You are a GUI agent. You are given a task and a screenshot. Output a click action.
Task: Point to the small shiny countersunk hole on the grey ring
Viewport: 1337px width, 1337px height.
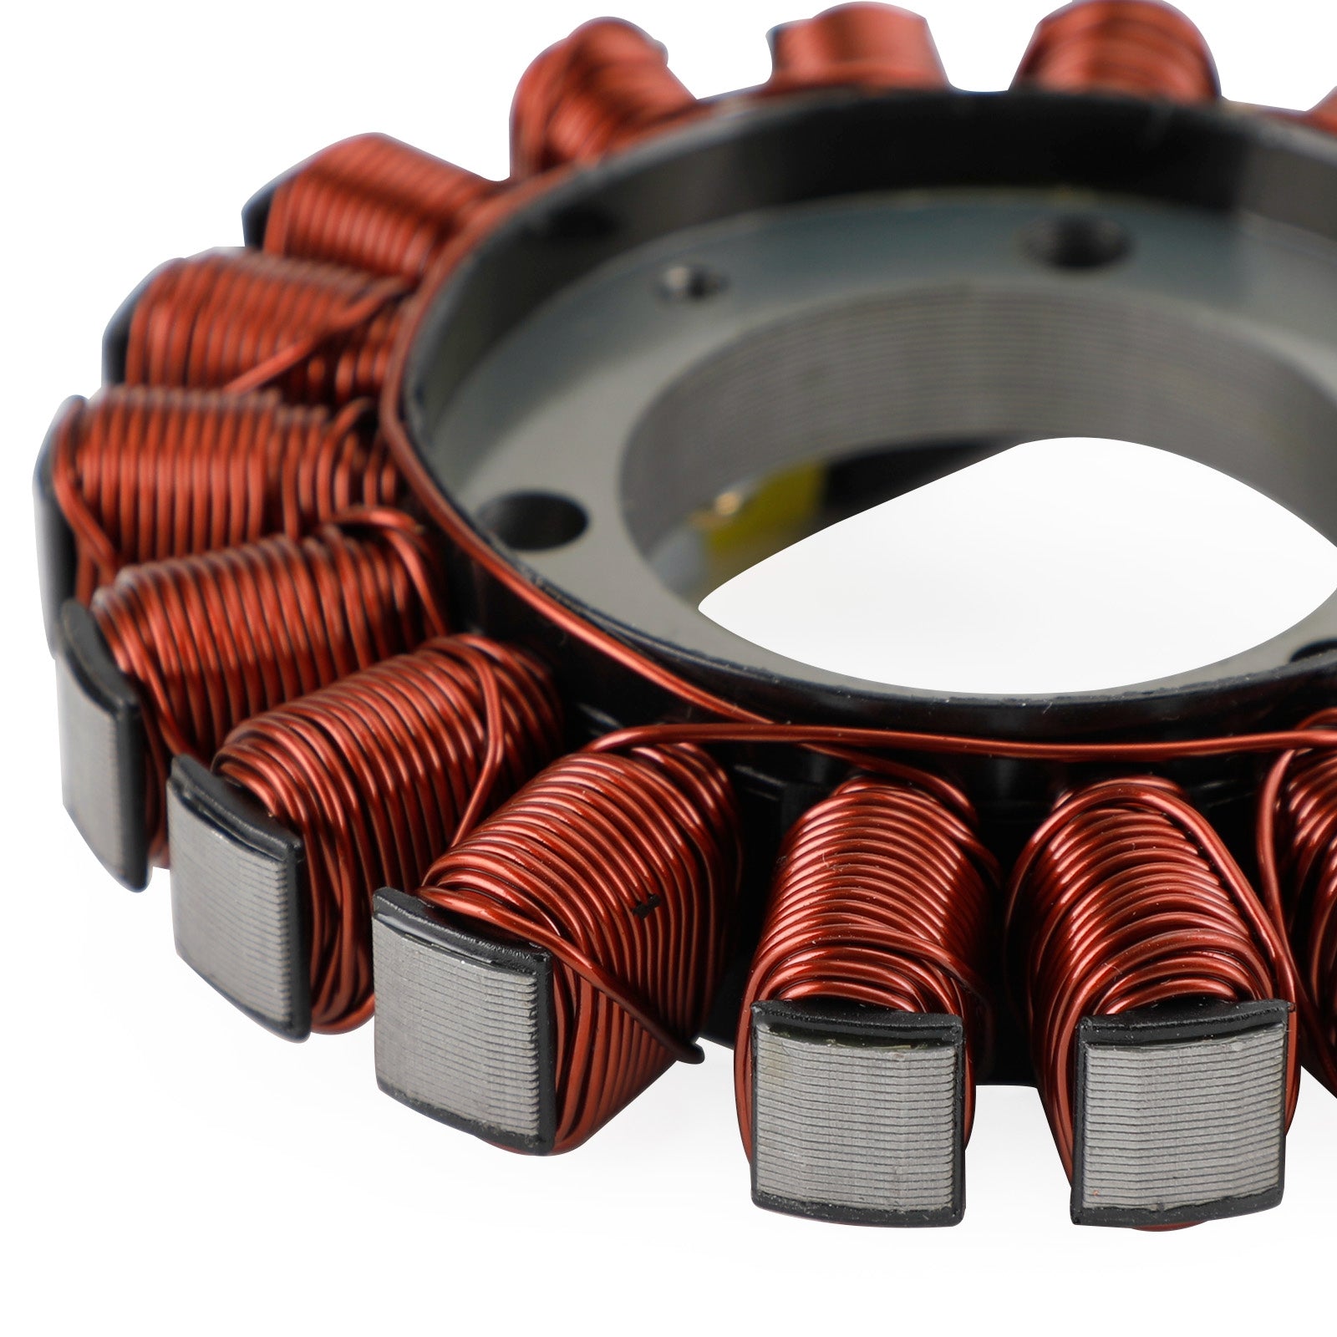point(685,282)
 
